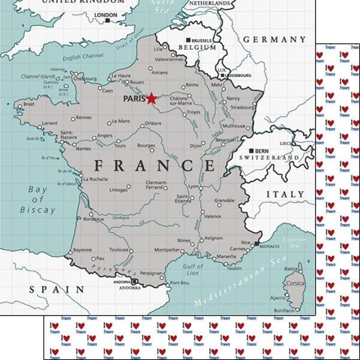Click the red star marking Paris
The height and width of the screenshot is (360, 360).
pyautogui.click(x=151, y=98)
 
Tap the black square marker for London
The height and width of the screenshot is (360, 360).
pyautogui.click(x=107, y=20)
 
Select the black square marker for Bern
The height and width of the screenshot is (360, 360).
pyautogui.click(x=251, y=151)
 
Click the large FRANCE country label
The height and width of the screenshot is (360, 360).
pyautogui.click(x=154, y=166)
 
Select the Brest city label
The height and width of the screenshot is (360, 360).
pyautogui.click(x=28, y=104)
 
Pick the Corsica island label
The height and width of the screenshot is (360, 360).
pyautogui.click(x=295, y=283)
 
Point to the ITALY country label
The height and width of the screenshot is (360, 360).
pyautogui.click(x=285, y=194)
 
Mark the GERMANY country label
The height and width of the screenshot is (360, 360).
pyautogui.click(x=274, y=40)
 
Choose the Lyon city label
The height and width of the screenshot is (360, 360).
pyautogui.click(x=193, y=187)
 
